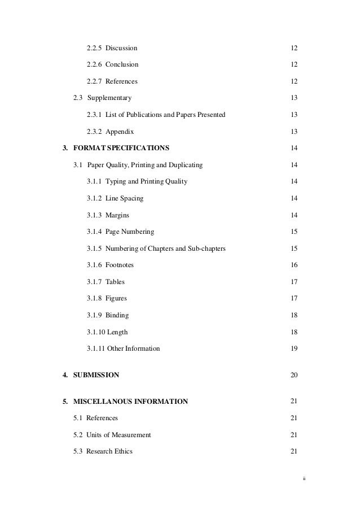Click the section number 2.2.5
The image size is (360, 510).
pos(94,48)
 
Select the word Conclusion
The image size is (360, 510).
pos(122,65)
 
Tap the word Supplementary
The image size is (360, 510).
pos(109,98)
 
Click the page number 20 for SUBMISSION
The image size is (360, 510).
pos(293,375)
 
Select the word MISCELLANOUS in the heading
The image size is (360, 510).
pos(102,402)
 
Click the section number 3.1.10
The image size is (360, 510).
pos(96,332)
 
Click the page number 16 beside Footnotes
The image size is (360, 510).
pos(293,265)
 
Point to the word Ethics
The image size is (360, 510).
pos(122,451)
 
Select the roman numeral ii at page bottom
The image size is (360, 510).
pos(302,478)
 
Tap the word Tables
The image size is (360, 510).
pos(115,282)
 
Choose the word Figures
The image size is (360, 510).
pos(116,298)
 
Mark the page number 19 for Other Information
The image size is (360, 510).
pos(293,348)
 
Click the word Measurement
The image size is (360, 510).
pos(130,435)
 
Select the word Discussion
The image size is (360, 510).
pos(121,48)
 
